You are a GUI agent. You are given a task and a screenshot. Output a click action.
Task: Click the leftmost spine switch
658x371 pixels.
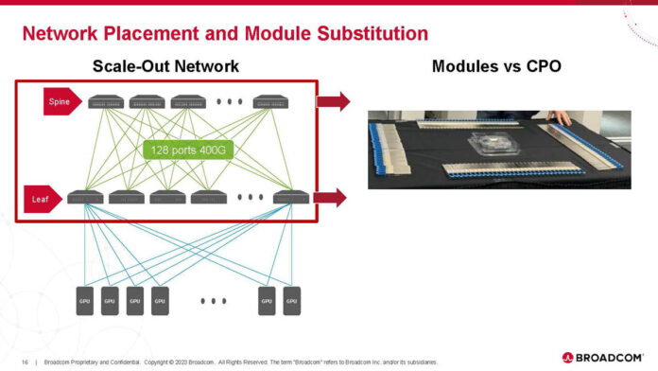tap(106, 102)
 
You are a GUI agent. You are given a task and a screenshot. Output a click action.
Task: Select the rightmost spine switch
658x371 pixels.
tap(270, 102)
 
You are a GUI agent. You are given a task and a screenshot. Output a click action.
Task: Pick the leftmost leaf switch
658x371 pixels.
tap(85, 198)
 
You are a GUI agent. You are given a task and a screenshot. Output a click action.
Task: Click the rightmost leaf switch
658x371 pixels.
tap(290, 198)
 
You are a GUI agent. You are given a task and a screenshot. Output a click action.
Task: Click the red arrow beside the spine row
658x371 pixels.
tap(334, 101)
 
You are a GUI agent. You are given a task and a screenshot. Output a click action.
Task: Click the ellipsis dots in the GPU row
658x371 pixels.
tap(214, 301)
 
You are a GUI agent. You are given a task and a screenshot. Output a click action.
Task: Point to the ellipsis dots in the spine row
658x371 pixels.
tap(229, 102)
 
